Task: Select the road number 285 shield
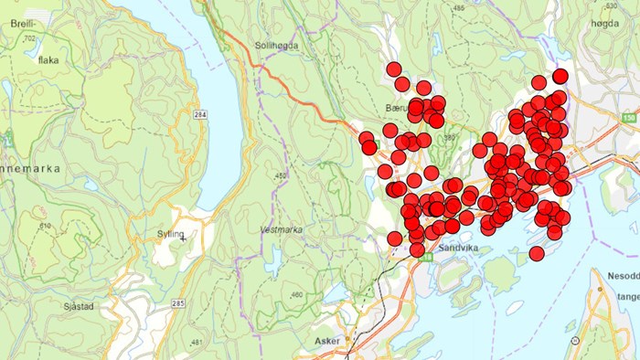click(x=177, y=302)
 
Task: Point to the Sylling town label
click(x=172, y=235)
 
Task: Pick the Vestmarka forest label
click(x=280, y=230)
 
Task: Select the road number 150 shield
click(x=629, y=117)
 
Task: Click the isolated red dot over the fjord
click(x=537, y=253)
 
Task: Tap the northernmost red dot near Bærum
click(x=394, y=69)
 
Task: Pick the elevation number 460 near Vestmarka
click(x=295, y=294)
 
